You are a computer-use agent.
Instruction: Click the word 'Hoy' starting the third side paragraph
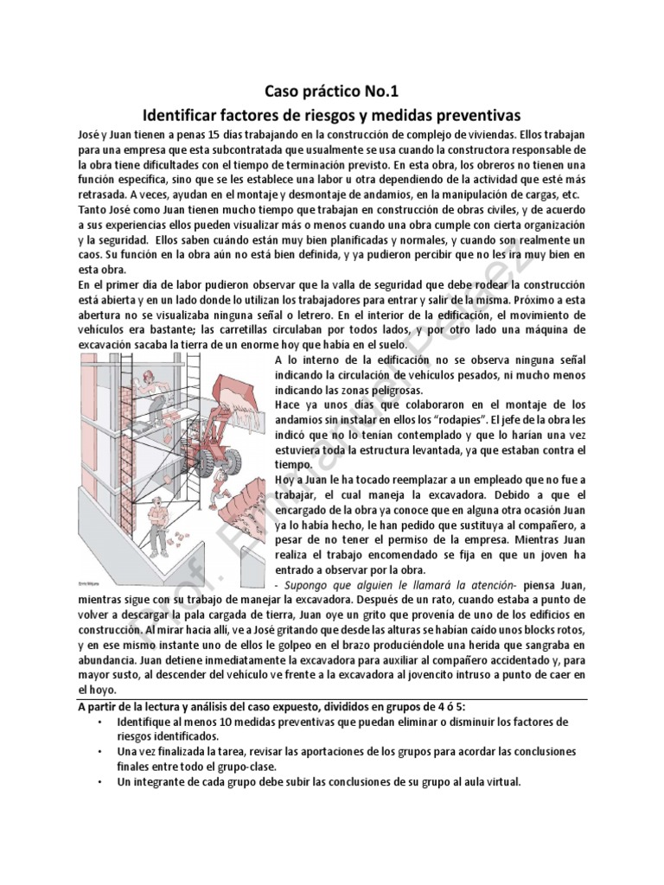point(285,480)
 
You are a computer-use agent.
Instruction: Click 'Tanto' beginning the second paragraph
point(93,209)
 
